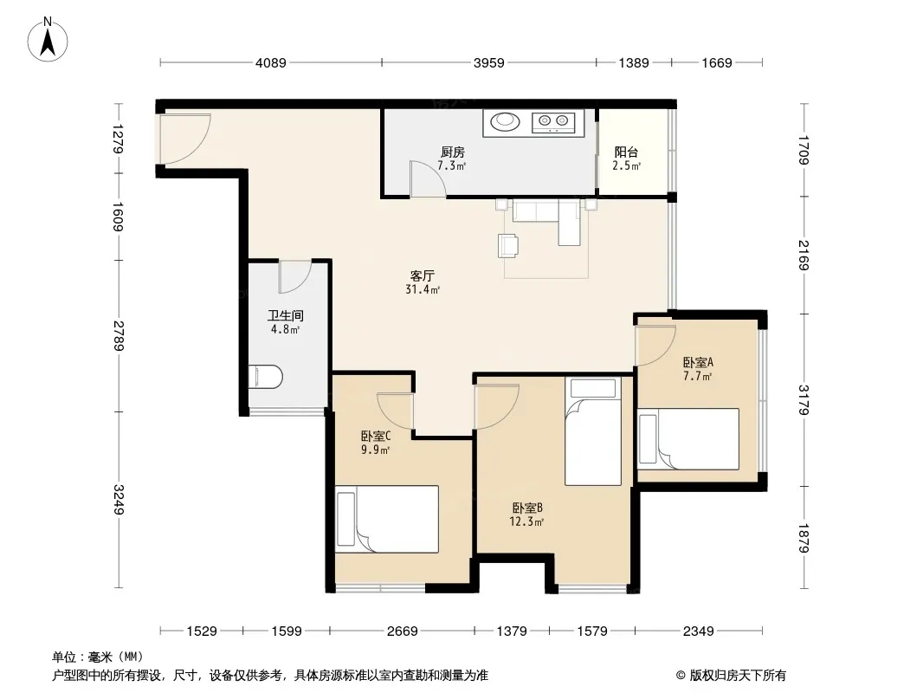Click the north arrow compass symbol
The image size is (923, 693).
pos(48,40)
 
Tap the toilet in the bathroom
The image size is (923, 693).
pos(266,377)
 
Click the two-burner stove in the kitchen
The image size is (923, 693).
pos(553,122)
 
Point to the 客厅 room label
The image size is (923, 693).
pos(422,275)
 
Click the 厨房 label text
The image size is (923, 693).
pos(453,152)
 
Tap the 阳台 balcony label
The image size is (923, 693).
pos(626,152)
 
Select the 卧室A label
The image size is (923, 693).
pos(698,363)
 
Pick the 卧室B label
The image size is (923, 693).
pos(526,508)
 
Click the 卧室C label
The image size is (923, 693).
pos(376,437)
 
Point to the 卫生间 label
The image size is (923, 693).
pos(285,315)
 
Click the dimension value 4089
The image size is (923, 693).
pos(271,62)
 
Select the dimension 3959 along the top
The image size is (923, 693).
pos(489,62)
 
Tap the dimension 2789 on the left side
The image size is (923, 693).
pos(119,335)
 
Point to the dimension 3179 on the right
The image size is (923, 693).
pos(804,400)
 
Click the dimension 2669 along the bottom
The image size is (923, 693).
pos(402,631)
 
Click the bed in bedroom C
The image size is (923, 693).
pos(387,519)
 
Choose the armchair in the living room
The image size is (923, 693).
pos(508,245)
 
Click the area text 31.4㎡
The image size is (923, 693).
pos(423,289)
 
